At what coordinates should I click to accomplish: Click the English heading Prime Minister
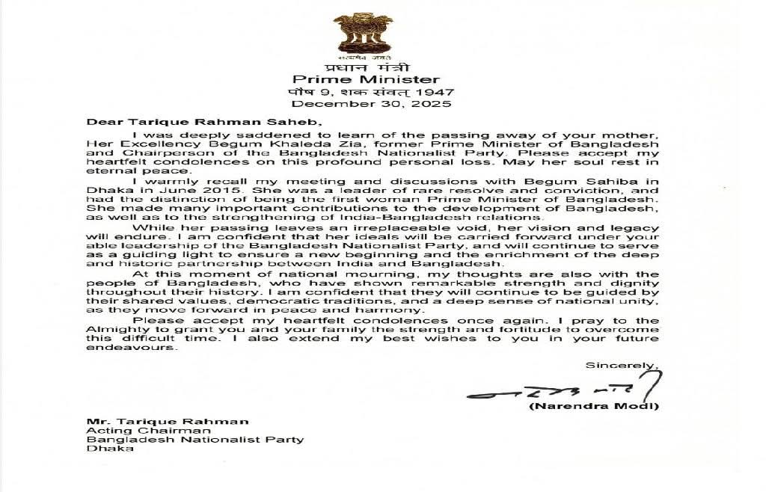pyautogui.click(x=366, y=79)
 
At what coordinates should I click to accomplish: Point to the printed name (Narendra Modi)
pyautogui.click(x=594, y=407)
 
